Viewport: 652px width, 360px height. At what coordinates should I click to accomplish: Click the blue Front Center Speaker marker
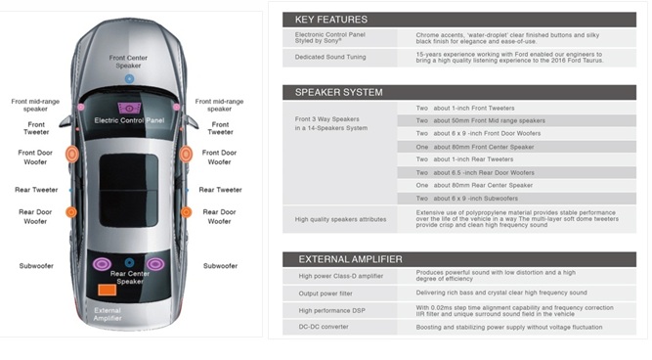129,78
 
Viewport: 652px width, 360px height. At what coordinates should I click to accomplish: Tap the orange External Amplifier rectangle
107,290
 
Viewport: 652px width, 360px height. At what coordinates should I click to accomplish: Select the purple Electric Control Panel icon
129,109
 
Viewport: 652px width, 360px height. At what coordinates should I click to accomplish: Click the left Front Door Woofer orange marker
72,154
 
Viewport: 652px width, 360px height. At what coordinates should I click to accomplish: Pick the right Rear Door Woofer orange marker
187,212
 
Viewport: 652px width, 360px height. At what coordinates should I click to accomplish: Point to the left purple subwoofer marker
102,264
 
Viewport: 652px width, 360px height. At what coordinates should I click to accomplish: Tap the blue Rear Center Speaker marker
129,262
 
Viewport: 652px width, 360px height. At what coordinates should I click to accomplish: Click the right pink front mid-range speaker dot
176,107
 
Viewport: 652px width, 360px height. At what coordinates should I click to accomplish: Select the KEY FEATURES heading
331,20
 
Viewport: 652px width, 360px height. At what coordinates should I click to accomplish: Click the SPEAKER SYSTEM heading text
338,92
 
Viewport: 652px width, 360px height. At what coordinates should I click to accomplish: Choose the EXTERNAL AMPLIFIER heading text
350,259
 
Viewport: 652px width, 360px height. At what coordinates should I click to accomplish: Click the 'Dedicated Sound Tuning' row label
330,57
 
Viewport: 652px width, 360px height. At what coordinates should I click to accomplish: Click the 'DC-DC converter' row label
324,327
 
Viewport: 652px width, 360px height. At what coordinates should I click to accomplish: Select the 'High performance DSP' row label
331,310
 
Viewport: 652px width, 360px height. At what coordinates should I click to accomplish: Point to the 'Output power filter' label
326,293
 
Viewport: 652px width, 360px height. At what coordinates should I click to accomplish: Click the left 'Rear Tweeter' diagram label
36,190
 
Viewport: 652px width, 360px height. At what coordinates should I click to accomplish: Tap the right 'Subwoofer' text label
220,266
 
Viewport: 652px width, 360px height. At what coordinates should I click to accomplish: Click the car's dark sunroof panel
129,191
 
